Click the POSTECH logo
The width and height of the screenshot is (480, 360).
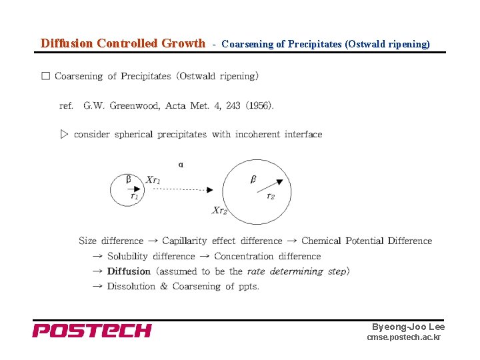click(92, 331)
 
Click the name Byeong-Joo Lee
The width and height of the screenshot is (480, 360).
click(408, 327)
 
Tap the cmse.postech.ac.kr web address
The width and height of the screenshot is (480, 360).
click(403, 338)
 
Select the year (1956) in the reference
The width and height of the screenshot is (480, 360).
click(259, 105)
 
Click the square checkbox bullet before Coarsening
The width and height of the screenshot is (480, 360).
click(45, 76)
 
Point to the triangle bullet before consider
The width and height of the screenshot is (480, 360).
click(65, 134)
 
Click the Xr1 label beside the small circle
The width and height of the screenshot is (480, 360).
click(153, 179)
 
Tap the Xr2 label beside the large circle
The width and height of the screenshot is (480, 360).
click(219, 211)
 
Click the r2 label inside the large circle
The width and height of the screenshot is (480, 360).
click(270, 196)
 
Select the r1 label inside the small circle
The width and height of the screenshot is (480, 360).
click(134, 196)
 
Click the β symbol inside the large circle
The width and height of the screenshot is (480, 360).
click(253, 179)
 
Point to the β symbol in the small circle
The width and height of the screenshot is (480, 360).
click(129, 179)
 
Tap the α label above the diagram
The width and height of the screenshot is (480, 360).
click(181, 164)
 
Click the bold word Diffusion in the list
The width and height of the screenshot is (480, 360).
click(129, 271)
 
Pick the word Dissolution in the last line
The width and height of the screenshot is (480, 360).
click(131, 287)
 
